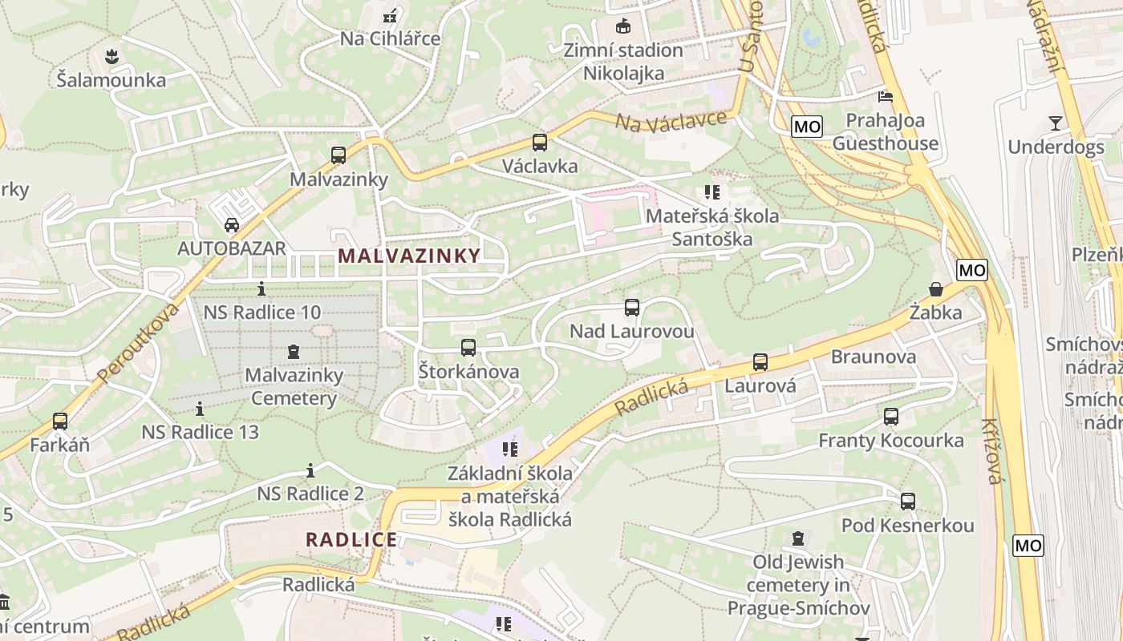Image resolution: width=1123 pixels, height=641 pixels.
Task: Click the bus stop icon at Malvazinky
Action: tap(339, 155)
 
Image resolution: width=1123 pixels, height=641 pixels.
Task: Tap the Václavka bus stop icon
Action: tap(540, 143)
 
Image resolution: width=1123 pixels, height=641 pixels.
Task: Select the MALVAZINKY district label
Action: tap(409, 256)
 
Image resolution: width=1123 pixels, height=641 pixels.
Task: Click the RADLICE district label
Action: tap(351, 539)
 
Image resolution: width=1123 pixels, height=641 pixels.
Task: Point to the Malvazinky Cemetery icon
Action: tap(294, 352)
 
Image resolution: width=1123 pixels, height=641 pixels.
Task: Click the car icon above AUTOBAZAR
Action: tap(232, 224)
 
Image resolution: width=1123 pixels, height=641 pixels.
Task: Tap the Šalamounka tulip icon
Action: tap(111, 56)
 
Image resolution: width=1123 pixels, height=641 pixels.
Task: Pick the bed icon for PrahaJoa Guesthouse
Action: tap(886, 97)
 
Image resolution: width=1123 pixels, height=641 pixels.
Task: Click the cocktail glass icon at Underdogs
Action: tap(1055, 123)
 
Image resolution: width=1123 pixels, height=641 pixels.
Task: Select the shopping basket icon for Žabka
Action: tap(935, 289)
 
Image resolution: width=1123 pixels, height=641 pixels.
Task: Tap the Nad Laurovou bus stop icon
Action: tap(632, 308)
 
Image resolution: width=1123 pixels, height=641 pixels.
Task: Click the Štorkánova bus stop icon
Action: tap(468, 348)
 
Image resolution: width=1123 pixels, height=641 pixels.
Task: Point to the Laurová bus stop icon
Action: tap(760, 362)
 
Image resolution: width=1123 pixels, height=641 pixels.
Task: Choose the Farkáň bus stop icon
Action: tap(60, 421)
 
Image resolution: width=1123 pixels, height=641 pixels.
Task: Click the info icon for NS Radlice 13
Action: tap(200, 409)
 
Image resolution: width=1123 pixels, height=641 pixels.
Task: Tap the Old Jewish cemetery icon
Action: tap(798, 538)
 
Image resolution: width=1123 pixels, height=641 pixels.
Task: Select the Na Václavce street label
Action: tap(671, 120)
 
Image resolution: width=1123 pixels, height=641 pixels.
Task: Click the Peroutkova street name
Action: tap(137, 341)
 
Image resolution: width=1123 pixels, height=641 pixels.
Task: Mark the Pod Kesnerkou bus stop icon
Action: tap(908, 502)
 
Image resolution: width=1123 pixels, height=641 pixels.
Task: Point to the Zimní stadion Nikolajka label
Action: tap(623, 62)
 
